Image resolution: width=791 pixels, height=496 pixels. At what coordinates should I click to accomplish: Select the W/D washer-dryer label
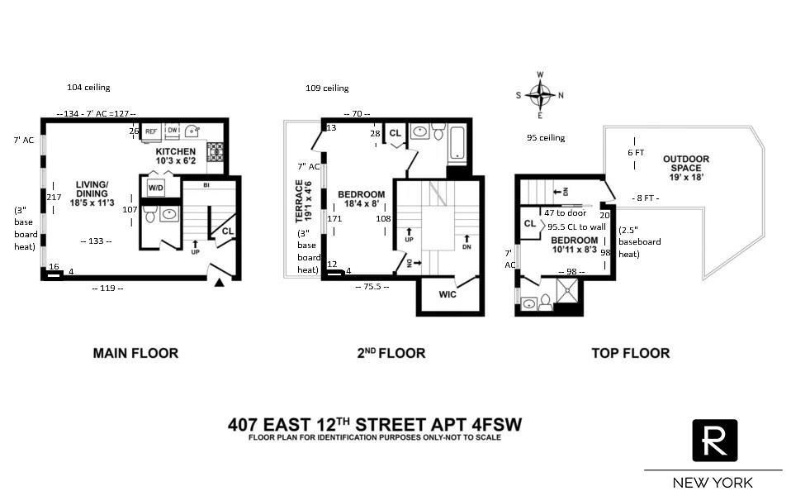point(155,188)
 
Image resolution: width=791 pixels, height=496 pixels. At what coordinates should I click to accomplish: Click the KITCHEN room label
point(176,152)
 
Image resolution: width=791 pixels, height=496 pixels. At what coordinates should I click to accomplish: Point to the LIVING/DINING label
point(92,189)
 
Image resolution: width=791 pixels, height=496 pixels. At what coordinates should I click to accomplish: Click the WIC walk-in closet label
point(447,293)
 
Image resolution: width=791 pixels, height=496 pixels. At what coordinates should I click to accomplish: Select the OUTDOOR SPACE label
point(685,165)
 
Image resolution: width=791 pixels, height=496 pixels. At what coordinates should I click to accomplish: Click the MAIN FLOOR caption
point(135,353)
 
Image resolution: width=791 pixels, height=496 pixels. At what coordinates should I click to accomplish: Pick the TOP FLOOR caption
point(630,353)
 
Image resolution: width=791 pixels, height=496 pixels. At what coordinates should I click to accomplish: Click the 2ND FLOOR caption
point(391,353)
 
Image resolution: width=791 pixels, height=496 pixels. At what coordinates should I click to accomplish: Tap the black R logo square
point(714,441)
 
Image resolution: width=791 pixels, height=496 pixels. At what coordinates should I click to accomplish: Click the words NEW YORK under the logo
point(713,482)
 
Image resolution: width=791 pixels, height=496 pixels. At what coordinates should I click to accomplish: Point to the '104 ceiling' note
point(88,87)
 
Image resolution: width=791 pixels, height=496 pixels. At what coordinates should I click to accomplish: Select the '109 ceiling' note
point(327,88)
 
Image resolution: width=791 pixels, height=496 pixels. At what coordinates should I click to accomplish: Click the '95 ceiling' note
point(546,138)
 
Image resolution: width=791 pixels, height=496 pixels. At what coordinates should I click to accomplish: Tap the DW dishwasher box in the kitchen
point(172,131)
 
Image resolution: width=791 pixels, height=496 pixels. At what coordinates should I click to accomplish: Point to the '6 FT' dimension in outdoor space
point(635,153)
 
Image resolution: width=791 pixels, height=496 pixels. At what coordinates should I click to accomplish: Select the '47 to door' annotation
point(566,212)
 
